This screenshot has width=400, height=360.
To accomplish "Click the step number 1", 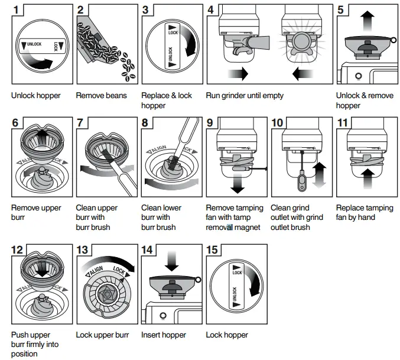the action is (x=16, y=10).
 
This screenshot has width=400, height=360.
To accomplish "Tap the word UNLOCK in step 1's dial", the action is (x=34, y=44).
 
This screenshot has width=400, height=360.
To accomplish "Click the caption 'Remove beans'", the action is (x=101, y=95).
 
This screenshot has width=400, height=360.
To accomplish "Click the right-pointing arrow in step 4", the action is (x=238, y=74).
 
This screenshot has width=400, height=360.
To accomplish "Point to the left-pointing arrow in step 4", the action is (x=303, y=74).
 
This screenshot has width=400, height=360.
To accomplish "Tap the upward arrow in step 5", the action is (x=368, y=21).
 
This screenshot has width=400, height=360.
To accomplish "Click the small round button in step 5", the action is (x=359, y=76).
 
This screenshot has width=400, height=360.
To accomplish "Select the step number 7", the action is (x=80, y=123).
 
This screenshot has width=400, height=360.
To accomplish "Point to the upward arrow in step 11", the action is (x=368, y=179).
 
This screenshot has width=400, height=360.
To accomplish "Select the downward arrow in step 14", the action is (x=172, y=261).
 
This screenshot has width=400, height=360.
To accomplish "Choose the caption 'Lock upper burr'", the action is (x=102, y=335).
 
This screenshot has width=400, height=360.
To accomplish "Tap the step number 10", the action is (x=277, y=123).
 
